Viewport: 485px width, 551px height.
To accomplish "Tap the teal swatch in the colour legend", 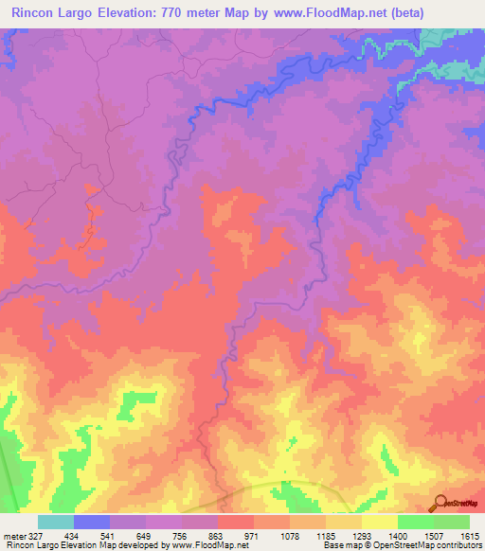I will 56,522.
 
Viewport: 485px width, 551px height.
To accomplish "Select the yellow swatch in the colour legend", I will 380,522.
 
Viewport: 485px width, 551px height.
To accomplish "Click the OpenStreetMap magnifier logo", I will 440,503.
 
